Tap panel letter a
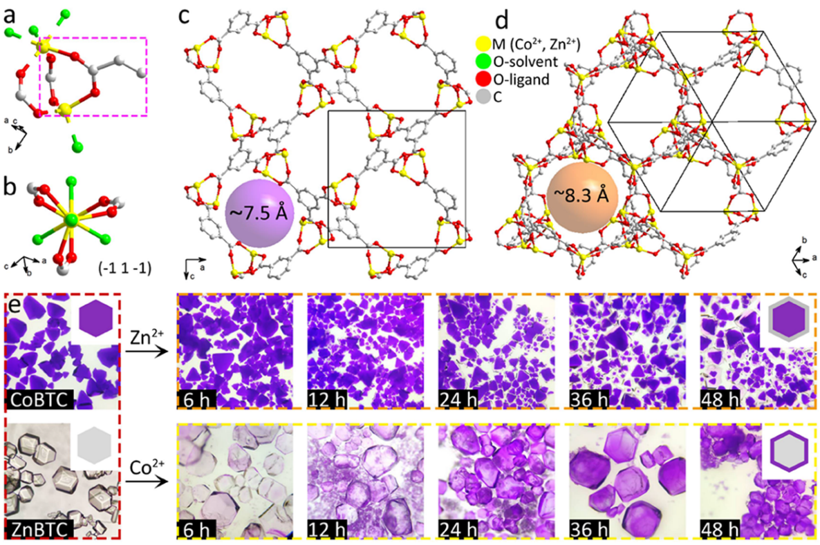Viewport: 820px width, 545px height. coord(10,12)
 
